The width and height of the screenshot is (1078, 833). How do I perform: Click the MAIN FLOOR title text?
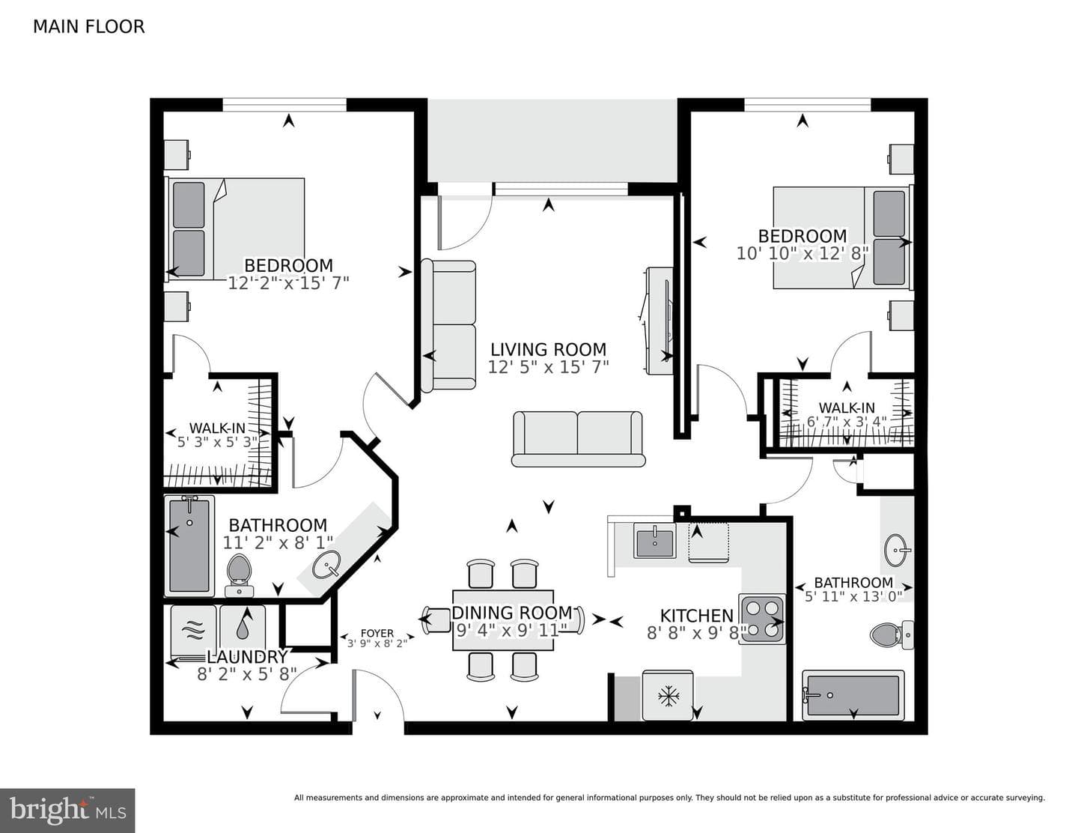89,26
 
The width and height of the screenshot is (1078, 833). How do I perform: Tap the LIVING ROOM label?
548,350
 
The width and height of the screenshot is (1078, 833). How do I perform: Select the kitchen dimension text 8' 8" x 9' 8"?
696,633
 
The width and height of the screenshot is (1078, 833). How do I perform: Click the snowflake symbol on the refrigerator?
669,696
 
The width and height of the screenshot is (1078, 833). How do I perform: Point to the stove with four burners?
762,619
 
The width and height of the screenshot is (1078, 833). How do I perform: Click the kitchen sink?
655,542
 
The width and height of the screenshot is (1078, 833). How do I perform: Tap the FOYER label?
377,634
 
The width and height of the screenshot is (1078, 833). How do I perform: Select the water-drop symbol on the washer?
243,628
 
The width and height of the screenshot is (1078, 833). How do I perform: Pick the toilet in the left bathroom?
240,575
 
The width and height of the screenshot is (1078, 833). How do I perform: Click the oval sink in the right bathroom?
897,550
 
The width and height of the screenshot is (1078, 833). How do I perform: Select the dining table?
503,620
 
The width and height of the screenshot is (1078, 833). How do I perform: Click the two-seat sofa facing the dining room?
579,439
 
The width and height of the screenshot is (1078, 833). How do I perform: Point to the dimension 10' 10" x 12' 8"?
803,254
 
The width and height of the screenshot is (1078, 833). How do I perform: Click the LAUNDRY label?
247,657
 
